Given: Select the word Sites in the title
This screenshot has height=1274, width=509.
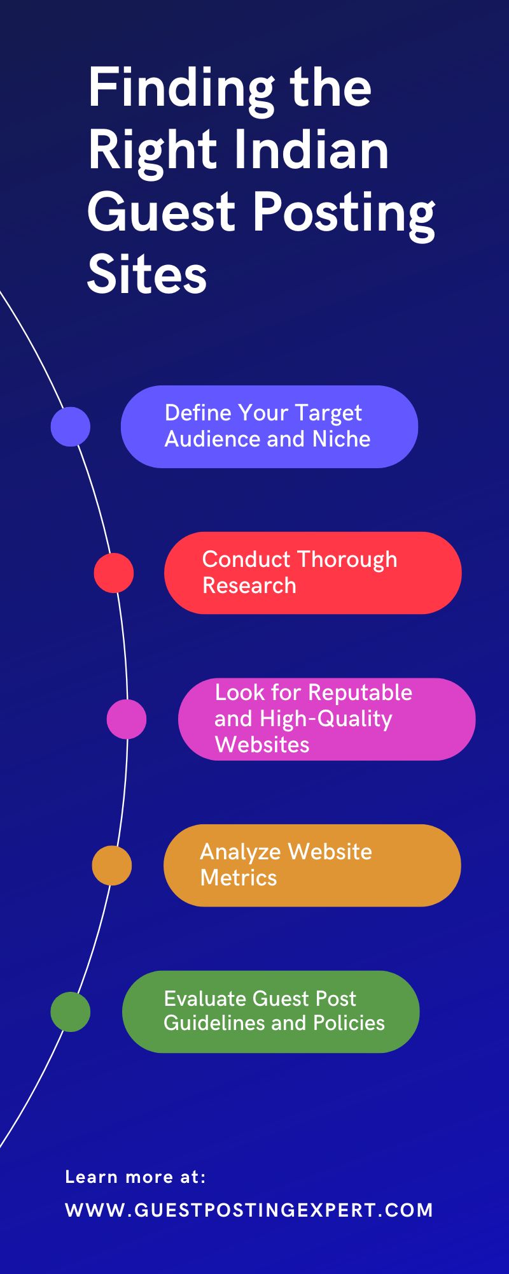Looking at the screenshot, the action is [x=147, y=275].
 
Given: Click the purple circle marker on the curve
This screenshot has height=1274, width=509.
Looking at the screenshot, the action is [x=71, y=426].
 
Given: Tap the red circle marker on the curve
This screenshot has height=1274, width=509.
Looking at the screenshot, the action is [x=114, y=573].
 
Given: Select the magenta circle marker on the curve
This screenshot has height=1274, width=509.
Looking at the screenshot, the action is [x=127, y=719].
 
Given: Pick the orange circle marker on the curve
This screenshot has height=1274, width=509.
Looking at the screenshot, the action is [x=112, y=865].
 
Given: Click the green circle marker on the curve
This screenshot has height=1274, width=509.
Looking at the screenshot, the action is [x=71, y=1012].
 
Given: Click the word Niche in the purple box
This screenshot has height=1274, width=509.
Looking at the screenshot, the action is [x=341, y=439].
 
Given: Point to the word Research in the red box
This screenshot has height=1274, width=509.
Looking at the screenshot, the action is [x=249, y=585].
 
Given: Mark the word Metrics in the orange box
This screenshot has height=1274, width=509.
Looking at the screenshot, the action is [x=239, y=878].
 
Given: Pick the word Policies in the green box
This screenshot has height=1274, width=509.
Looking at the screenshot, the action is [x=349, y=1023].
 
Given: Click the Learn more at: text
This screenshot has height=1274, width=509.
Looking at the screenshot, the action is [x=136, y=1177].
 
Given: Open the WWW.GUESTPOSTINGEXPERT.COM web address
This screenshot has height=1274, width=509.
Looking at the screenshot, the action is [x=249, y=1210].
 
